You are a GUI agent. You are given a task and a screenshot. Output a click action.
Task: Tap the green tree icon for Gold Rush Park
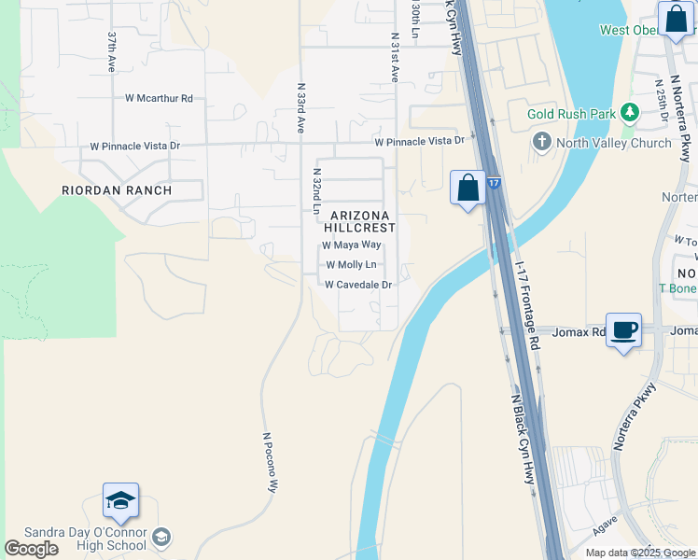[630, 114]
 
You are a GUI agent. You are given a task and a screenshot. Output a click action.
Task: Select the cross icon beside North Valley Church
[541, 142]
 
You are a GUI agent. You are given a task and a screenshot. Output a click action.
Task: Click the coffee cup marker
[623, 329]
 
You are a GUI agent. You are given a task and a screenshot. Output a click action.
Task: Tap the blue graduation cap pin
[120, 502]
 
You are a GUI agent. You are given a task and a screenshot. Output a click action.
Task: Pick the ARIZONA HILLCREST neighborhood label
[360, 221]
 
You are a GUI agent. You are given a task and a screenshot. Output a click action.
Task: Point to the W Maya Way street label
[352, 245]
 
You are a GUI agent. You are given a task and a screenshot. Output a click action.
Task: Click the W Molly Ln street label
[351, 265]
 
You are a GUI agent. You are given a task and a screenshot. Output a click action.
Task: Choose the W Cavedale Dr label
[357, 285]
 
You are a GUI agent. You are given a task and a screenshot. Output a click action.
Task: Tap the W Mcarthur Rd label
[159, 98]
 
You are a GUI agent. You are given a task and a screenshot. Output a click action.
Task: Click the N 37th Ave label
[111, 52]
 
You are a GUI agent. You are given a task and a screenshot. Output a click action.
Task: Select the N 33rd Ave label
[301, 108]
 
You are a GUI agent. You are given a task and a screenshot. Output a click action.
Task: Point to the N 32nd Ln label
[316, 191]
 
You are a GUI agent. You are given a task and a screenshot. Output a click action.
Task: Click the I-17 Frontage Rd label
[528, 303]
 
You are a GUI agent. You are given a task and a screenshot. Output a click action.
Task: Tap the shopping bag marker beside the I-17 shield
[468, 188]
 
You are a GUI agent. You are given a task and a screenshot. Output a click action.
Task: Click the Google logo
[31, 549]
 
